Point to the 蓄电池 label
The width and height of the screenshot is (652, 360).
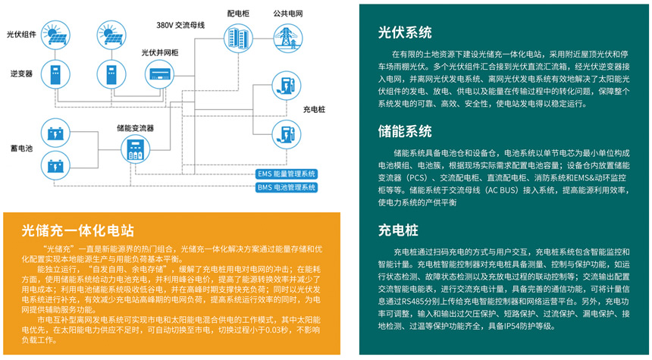[x=20, y=149]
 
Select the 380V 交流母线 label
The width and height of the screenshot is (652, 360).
[x=181, y=26]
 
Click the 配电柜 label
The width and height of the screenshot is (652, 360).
[x=237, y=14]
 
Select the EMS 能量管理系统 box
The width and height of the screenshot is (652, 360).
[x=287, y=174]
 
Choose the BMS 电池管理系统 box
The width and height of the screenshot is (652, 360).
[x=287, y=186]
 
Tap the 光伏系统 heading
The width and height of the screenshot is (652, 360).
[x=405, y=33]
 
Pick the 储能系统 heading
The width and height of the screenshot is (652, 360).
[x=405, y=130]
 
